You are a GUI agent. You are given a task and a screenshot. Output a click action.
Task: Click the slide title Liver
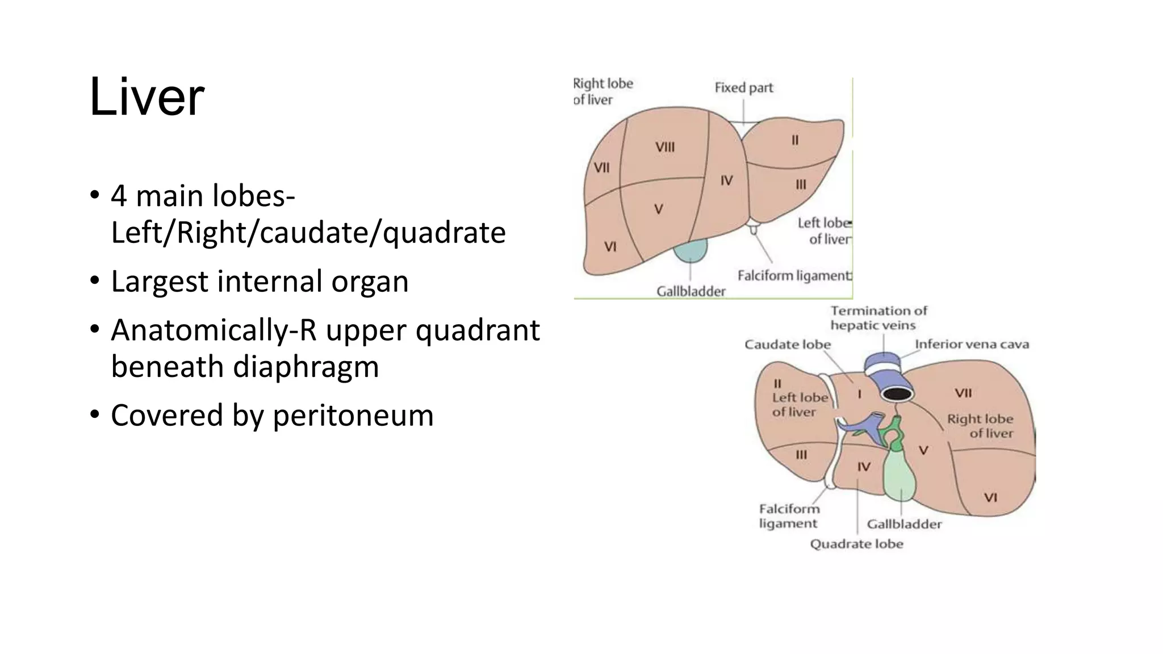click(147, 98)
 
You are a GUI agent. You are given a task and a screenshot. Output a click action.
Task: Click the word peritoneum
click(353, 416)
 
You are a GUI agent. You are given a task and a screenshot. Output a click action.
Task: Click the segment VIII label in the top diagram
click(665, 147)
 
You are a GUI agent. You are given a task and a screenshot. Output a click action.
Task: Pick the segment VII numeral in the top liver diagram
click(601, 168)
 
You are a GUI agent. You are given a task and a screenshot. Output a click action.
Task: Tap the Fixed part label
click(743, 88)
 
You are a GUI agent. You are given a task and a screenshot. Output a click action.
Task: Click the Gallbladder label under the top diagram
click(691, 292)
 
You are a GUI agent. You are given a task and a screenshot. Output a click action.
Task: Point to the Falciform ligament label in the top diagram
click(794, 276)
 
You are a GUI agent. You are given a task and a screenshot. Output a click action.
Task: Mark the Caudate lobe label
click(787, 345)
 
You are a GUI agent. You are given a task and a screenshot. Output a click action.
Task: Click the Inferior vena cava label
click(972, 345)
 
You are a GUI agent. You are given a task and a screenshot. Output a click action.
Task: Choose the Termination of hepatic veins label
click(878, 318)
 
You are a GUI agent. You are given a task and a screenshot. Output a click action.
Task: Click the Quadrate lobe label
click(856, 544)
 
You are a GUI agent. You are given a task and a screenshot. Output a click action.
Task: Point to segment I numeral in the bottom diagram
click(859, 393)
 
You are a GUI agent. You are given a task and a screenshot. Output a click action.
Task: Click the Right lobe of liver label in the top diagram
click(603, 91)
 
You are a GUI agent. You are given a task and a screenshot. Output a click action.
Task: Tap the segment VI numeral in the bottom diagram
click(990, 498)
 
